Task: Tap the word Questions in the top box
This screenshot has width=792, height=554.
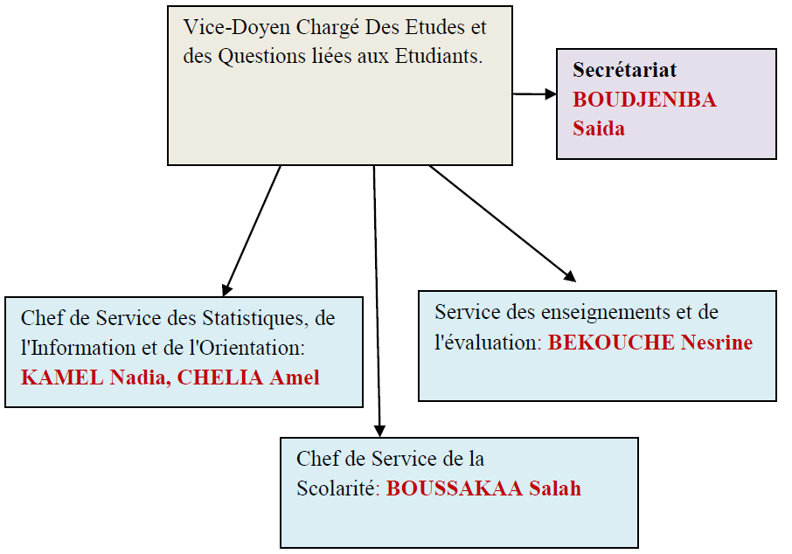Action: (x=261, y=57)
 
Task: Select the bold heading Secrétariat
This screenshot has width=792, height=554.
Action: (x=624, y=70)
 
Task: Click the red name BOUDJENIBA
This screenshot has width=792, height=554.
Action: (x=644, y=100)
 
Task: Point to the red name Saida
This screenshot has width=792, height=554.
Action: (x=599, y=128)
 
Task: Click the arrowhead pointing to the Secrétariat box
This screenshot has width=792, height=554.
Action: (x=551, y=93)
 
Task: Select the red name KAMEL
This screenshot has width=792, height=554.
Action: (x=62, y=377)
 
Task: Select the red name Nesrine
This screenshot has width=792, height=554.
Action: (x=717, y=343)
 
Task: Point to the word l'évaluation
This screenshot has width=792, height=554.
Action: (x=488, y=343)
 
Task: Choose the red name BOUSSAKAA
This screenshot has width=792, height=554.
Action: (x=454, y=488)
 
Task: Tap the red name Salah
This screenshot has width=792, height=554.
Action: (x=555, y=488)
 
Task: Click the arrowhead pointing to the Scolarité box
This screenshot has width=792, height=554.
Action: (x=380, y=431)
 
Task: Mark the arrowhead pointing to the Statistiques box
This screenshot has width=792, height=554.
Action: (x=226, y=290)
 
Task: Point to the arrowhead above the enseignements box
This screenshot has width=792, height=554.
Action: (x=570, y=276)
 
